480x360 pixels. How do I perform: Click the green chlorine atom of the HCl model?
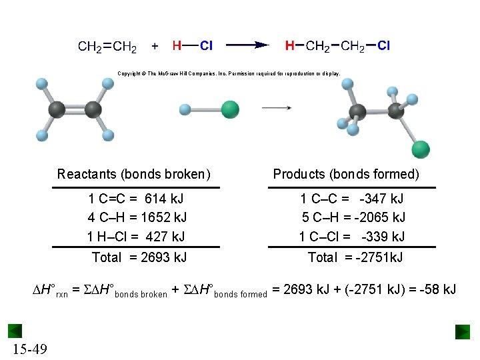pyautogui.click(x=230, y=109)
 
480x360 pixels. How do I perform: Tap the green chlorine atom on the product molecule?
pyautogui.click(x=421, y=149)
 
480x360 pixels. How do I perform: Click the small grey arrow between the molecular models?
pyautogui.click(x=276, y=107)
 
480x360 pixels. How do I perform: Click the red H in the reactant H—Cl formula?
pyautogui.click(x=177, y=46)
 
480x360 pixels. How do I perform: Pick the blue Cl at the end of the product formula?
pyautogui.click(x=384, y=46)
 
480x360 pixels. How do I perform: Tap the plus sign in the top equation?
pyautogui.click(x=155, y=47)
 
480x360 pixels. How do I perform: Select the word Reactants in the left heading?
pyautogui.click(x=87, y=175)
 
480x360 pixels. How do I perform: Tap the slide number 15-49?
pyautogui.click(x=29, y=349)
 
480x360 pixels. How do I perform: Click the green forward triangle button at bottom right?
pyautogui.click(x=463, y=331)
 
